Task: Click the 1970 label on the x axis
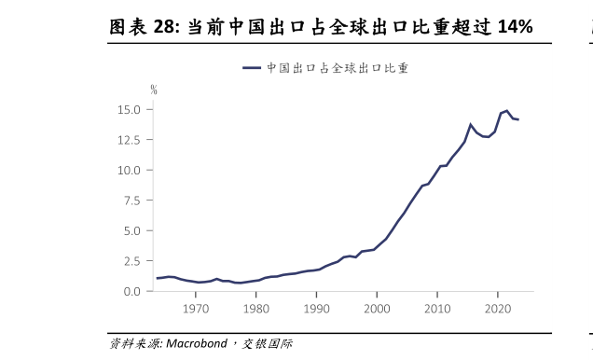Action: [x=196, y=309]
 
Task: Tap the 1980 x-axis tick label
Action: [x=256, y=309]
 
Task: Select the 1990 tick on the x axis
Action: [x=317, y=309]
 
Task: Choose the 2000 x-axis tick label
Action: [x=377, y=309]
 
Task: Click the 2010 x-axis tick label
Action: [x=437, y=309]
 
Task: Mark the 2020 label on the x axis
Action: [x=498, y=309]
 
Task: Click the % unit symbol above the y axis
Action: [x=154, y=90]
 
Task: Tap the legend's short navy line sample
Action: [x=252, y=68]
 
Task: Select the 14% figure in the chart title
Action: [x=514, y=27]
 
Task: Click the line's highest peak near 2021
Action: [x=506, y=110]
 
